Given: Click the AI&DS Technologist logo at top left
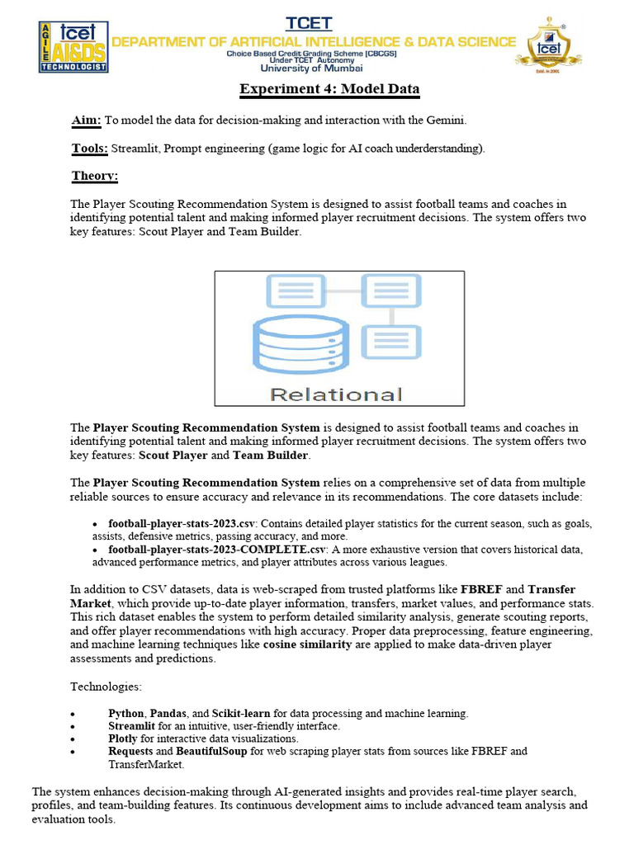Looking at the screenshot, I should [x=73, y=47].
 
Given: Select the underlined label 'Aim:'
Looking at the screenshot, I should [x=86, y=120].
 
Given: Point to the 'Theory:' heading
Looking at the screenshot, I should [x=95, y=176].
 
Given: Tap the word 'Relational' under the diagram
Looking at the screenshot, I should [x=336, y=394].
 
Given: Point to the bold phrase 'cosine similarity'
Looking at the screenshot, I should [x=307, y=645].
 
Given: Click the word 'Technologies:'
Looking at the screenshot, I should [x=107, y=687].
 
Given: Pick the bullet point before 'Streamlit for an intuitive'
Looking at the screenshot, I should [x=74, y=726].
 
